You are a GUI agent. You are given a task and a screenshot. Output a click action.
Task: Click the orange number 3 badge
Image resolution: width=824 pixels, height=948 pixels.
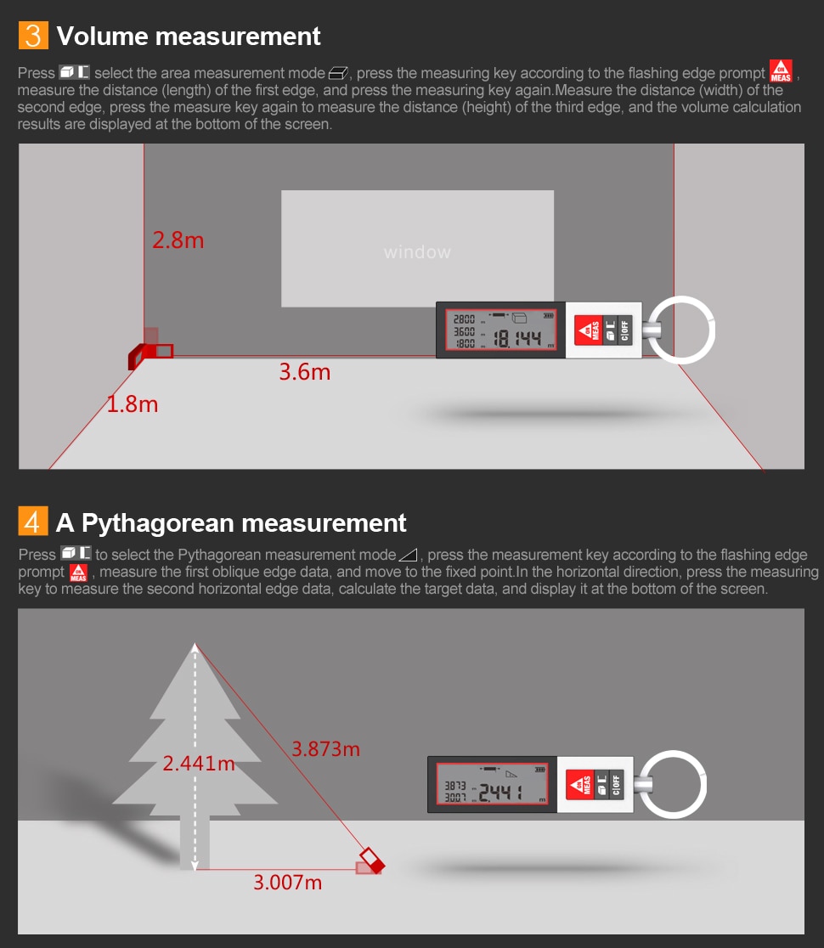point(33,35)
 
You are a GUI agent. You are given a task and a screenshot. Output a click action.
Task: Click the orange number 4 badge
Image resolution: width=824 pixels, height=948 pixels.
point(32,522)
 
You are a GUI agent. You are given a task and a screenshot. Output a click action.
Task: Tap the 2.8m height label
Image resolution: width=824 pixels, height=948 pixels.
point(178,240)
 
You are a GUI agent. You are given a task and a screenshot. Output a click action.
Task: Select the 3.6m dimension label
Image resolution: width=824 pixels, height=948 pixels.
point(305,372)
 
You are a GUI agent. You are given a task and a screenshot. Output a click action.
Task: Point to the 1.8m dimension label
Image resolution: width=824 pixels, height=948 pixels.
point(133,403)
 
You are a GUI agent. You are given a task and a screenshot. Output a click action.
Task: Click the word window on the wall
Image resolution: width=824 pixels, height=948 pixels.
point(417,252)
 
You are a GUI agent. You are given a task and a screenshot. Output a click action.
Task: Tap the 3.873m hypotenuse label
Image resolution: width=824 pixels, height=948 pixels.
point(326,749)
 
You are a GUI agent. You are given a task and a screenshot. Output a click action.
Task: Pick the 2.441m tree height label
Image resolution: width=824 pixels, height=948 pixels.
point(199,763)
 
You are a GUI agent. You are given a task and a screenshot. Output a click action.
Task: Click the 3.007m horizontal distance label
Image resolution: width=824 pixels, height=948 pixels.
point(288,882)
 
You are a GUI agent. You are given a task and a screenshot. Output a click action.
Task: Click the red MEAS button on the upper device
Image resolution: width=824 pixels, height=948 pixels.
point(588,330)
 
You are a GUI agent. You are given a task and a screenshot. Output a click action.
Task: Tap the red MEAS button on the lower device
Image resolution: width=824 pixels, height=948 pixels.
point(579,785)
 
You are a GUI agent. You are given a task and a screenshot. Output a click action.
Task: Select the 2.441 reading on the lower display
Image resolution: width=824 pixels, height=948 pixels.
point(500,792)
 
